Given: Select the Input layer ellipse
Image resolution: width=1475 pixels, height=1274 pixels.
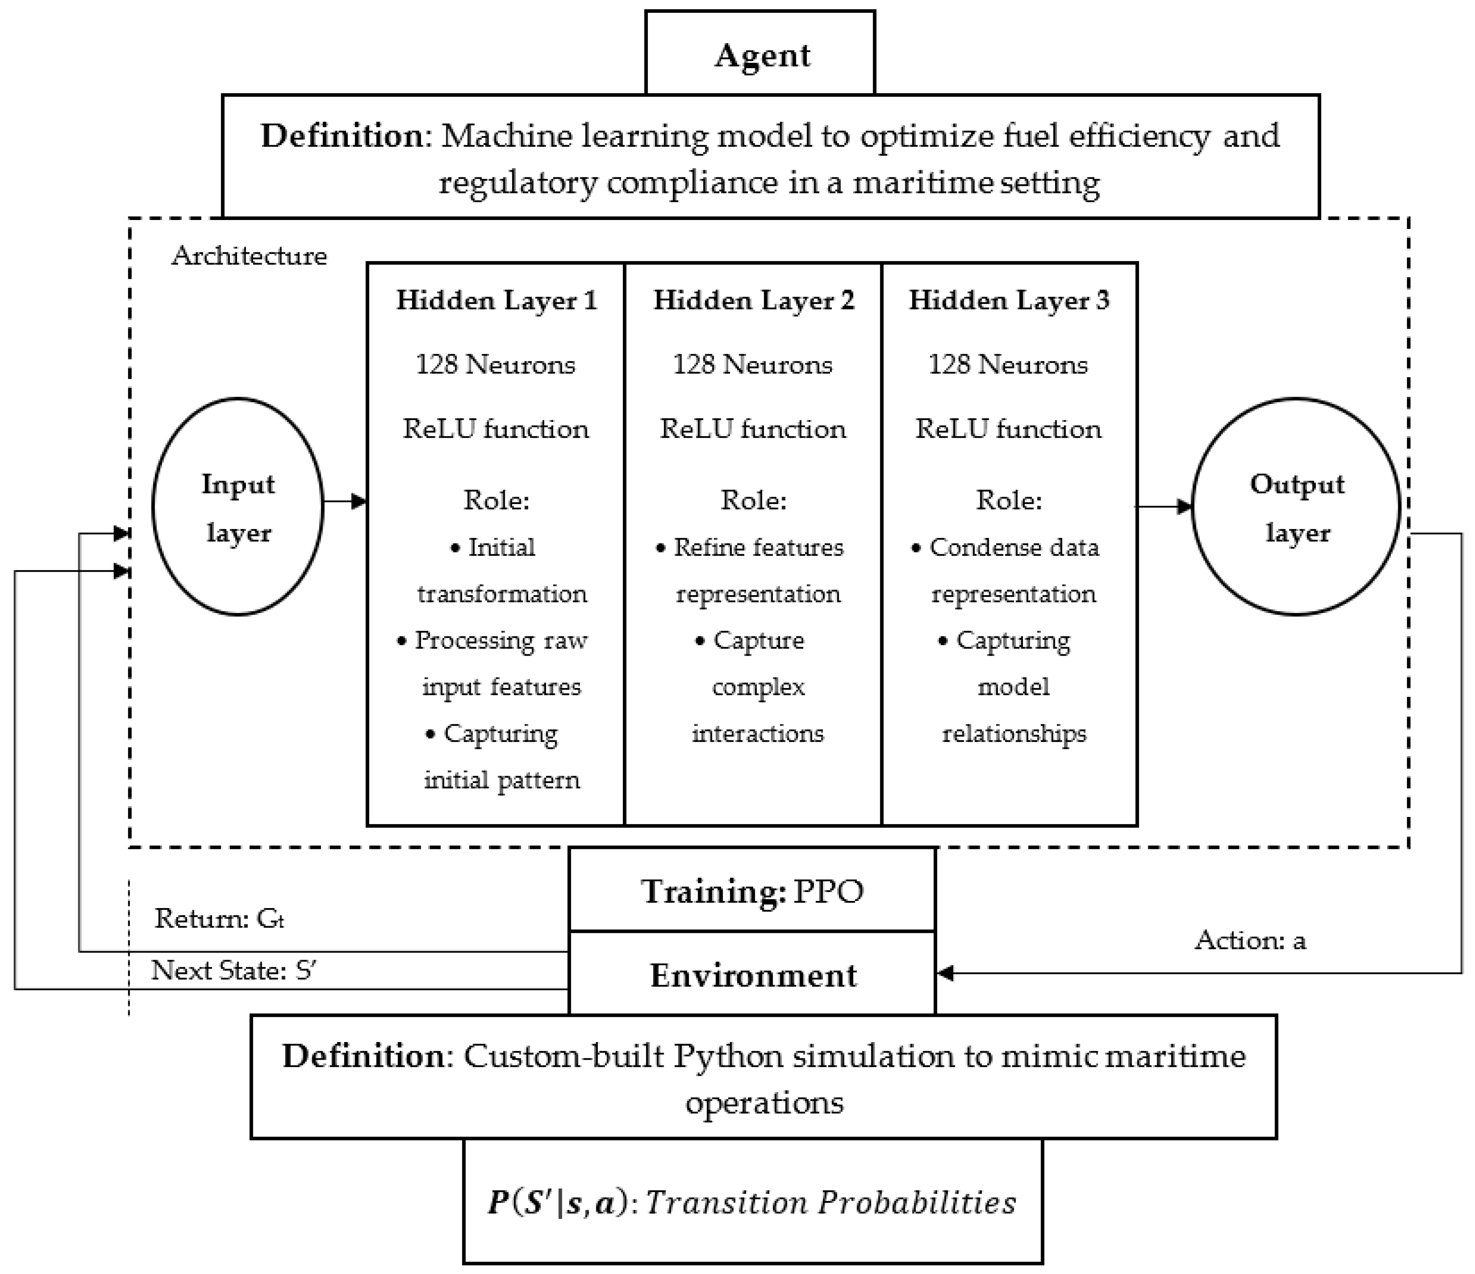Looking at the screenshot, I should [238, 507].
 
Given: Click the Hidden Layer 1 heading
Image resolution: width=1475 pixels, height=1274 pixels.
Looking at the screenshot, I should [496, 300].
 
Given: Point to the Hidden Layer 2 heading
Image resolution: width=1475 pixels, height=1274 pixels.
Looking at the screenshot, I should [753, 300].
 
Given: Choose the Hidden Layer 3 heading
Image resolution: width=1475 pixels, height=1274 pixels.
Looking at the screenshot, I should [1009, 300].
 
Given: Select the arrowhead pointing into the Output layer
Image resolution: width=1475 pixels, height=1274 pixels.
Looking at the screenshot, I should [1185, 507].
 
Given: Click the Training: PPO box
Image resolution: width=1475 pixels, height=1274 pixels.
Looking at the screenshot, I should [752, 891].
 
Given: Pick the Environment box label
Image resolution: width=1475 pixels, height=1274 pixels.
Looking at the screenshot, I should [752, 975].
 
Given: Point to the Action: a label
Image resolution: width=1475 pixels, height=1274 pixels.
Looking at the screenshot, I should [1250, 941].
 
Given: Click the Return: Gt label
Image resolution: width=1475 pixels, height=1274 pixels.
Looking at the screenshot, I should [219, 919].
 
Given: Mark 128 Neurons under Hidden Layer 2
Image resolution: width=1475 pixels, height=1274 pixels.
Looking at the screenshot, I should [752, 365].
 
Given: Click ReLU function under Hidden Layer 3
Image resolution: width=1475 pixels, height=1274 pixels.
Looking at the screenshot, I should [1008, 429].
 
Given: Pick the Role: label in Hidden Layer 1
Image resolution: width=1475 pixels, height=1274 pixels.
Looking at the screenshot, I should [496, 500].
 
